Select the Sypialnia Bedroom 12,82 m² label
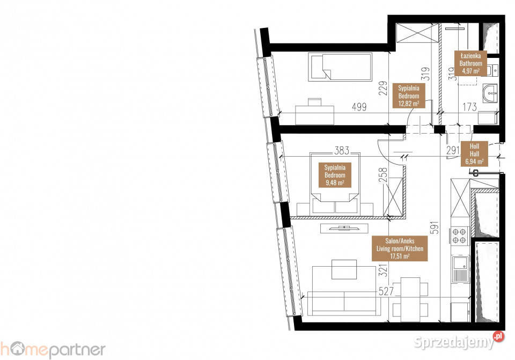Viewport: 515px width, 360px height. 409,95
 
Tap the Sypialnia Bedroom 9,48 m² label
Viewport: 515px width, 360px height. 335,175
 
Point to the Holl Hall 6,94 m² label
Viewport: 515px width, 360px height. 474,153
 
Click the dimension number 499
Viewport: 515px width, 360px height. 359,107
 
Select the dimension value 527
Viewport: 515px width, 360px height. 386,292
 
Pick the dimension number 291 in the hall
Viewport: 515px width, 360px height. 452,151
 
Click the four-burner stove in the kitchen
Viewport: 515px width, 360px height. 459,236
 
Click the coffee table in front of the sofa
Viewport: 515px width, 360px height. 344,269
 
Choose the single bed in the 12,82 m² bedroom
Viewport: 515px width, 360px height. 340,67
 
